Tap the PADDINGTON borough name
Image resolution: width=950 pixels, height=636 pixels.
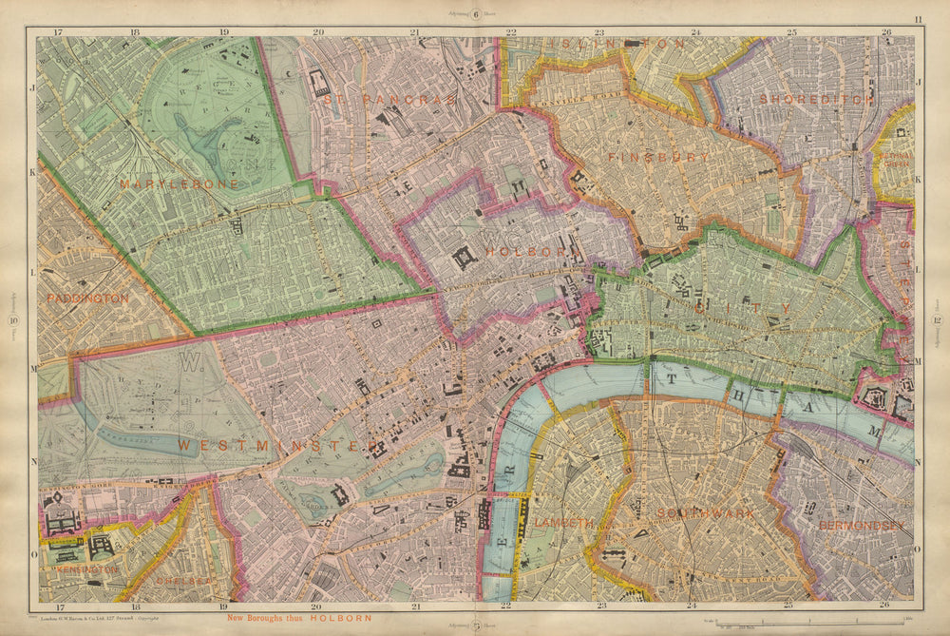pos(87,298)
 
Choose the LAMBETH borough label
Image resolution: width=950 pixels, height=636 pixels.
pos(563,523)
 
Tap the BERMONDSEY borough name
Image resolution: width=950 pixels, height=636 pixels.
pos(863,525)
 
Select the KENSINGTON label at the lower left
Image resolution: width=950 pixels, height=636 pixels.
pos(86,569)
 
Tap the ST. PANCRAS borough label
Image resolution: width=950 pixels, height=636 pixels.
pos(389,98)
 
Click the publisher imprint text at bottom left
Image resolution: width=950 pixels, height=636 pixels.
pos(105,618)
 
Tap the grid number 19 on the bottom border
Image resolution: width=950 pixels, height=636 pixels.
pos(223,606)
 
